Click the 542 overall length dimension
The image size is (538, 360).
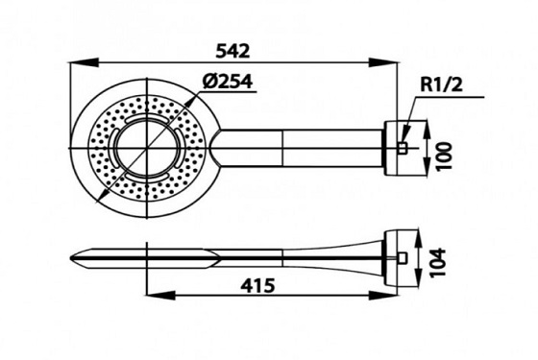(232, 52)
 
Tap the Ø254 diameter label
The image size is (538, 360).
(227, 82)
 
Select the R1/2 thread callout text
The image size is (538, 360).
(441, 84)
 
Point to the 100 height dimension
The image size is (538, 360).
(445, 156)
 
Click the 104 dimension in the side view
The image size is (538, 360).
(438, 263)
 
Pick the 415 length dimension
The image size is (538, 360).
(257, 285)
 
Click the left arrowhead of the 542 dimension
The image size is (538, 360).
(85, 63)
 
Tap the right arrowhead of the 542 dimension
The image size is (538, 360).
(383, 63)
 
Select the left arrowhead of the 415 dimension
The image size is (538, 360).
(161, 295)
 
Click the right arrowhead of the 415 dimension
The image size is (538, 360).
(383, 295)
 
